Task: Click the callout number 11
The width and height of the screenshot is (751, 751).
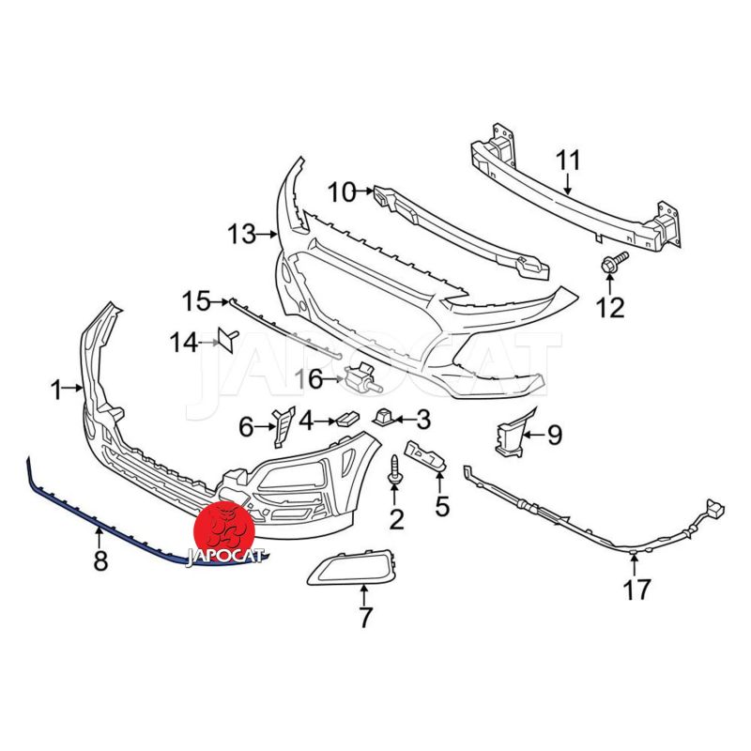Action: [568, 161]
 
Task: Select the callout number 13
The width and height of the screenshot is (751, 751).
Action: [242, 235]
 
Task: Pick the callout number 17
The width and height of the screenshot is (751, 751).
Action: [636, 590]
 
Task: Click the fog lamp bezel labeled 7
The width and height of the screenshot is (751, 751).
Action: [352, 569]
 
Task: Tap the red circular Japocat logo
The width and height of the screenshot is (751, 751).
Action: [223, 526]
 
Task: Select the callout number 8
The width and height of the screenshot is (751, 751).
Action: [100, 559]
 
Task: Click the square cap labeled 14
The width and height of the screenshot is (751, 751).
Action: [227, 338]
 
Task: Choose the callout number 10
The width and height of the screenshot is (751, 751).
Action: [342, 192]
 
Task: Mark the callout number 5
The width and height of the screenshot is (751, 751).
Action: [441, 506]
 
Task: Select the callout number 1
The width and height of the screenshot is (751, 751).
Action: [57, 390]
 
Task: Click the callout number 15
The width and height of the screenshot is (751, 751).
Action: [196, 301]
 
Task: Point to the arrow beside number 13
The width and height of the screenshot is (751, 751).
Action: [268, 235]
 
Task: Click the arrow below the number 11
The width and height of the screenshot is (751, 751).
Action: [568, 183]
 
